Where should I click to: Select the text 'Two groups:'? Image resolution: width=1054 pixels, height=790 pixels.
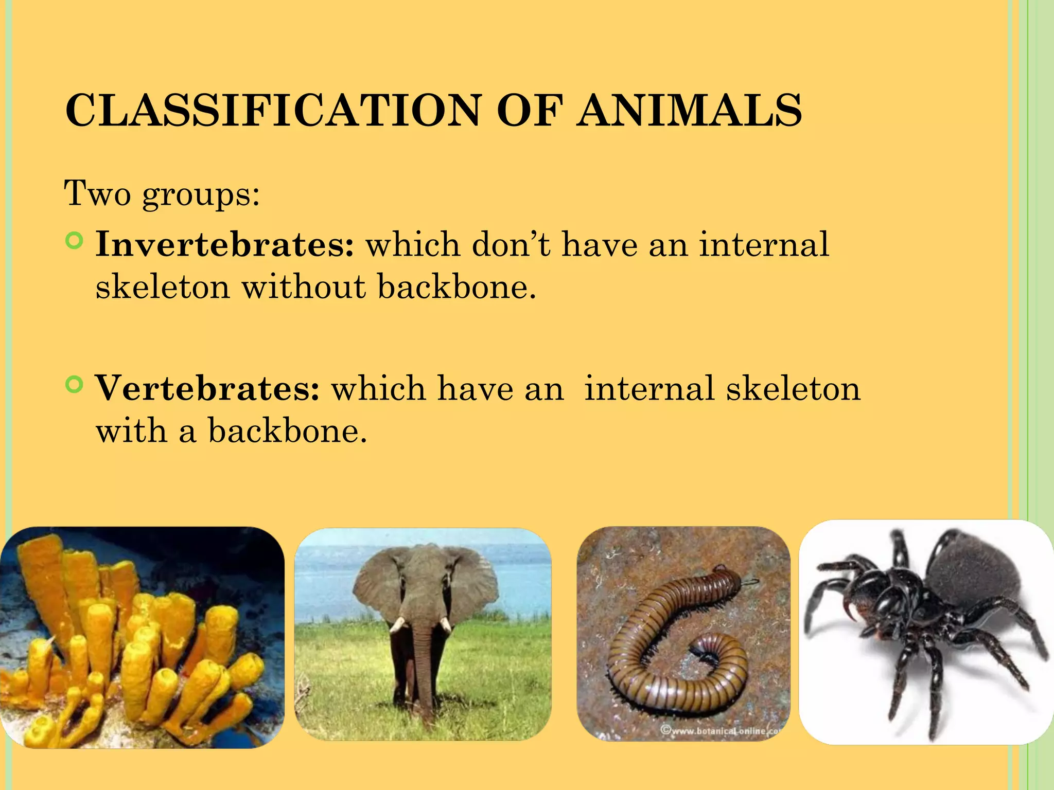point(162,194)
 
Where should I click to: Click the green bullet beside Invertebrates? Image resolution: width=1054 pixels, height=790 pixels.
point(75,241)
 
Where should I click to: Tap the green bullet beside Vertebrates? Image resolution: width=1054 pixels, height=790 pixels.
point(75,385)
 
